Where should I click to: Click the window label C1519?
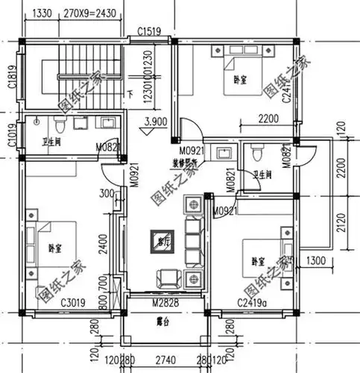(x=151, y=31)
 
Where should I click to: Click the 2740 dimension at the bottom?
(x=165, y=359)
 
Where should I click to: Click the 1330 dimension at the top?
(x=43, y=13)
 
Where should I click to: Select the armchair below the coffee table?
(x=165, y=279)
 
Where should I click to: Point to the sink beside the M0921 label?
(x=223, y=154)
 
